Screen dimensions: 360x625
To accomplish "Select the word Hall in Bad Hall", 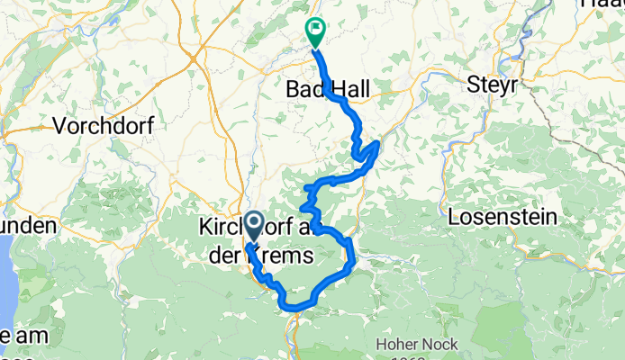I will pos(351,89).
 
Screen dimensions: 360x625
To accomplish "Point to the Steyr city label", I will pos(493,86).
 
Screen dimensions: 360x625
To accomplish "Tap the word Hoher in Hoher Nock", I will pos(399,343).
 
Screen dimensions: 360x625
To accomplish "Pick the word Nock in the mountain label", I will pos(442,343).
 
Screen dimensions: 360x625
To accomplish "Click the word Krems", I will pos(285,256).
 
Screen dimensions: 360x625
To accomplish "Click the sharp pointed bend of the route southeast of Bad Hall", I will pos(377,142).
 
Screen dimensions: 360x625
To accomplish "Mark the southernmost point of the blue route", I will pos(294,309).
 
